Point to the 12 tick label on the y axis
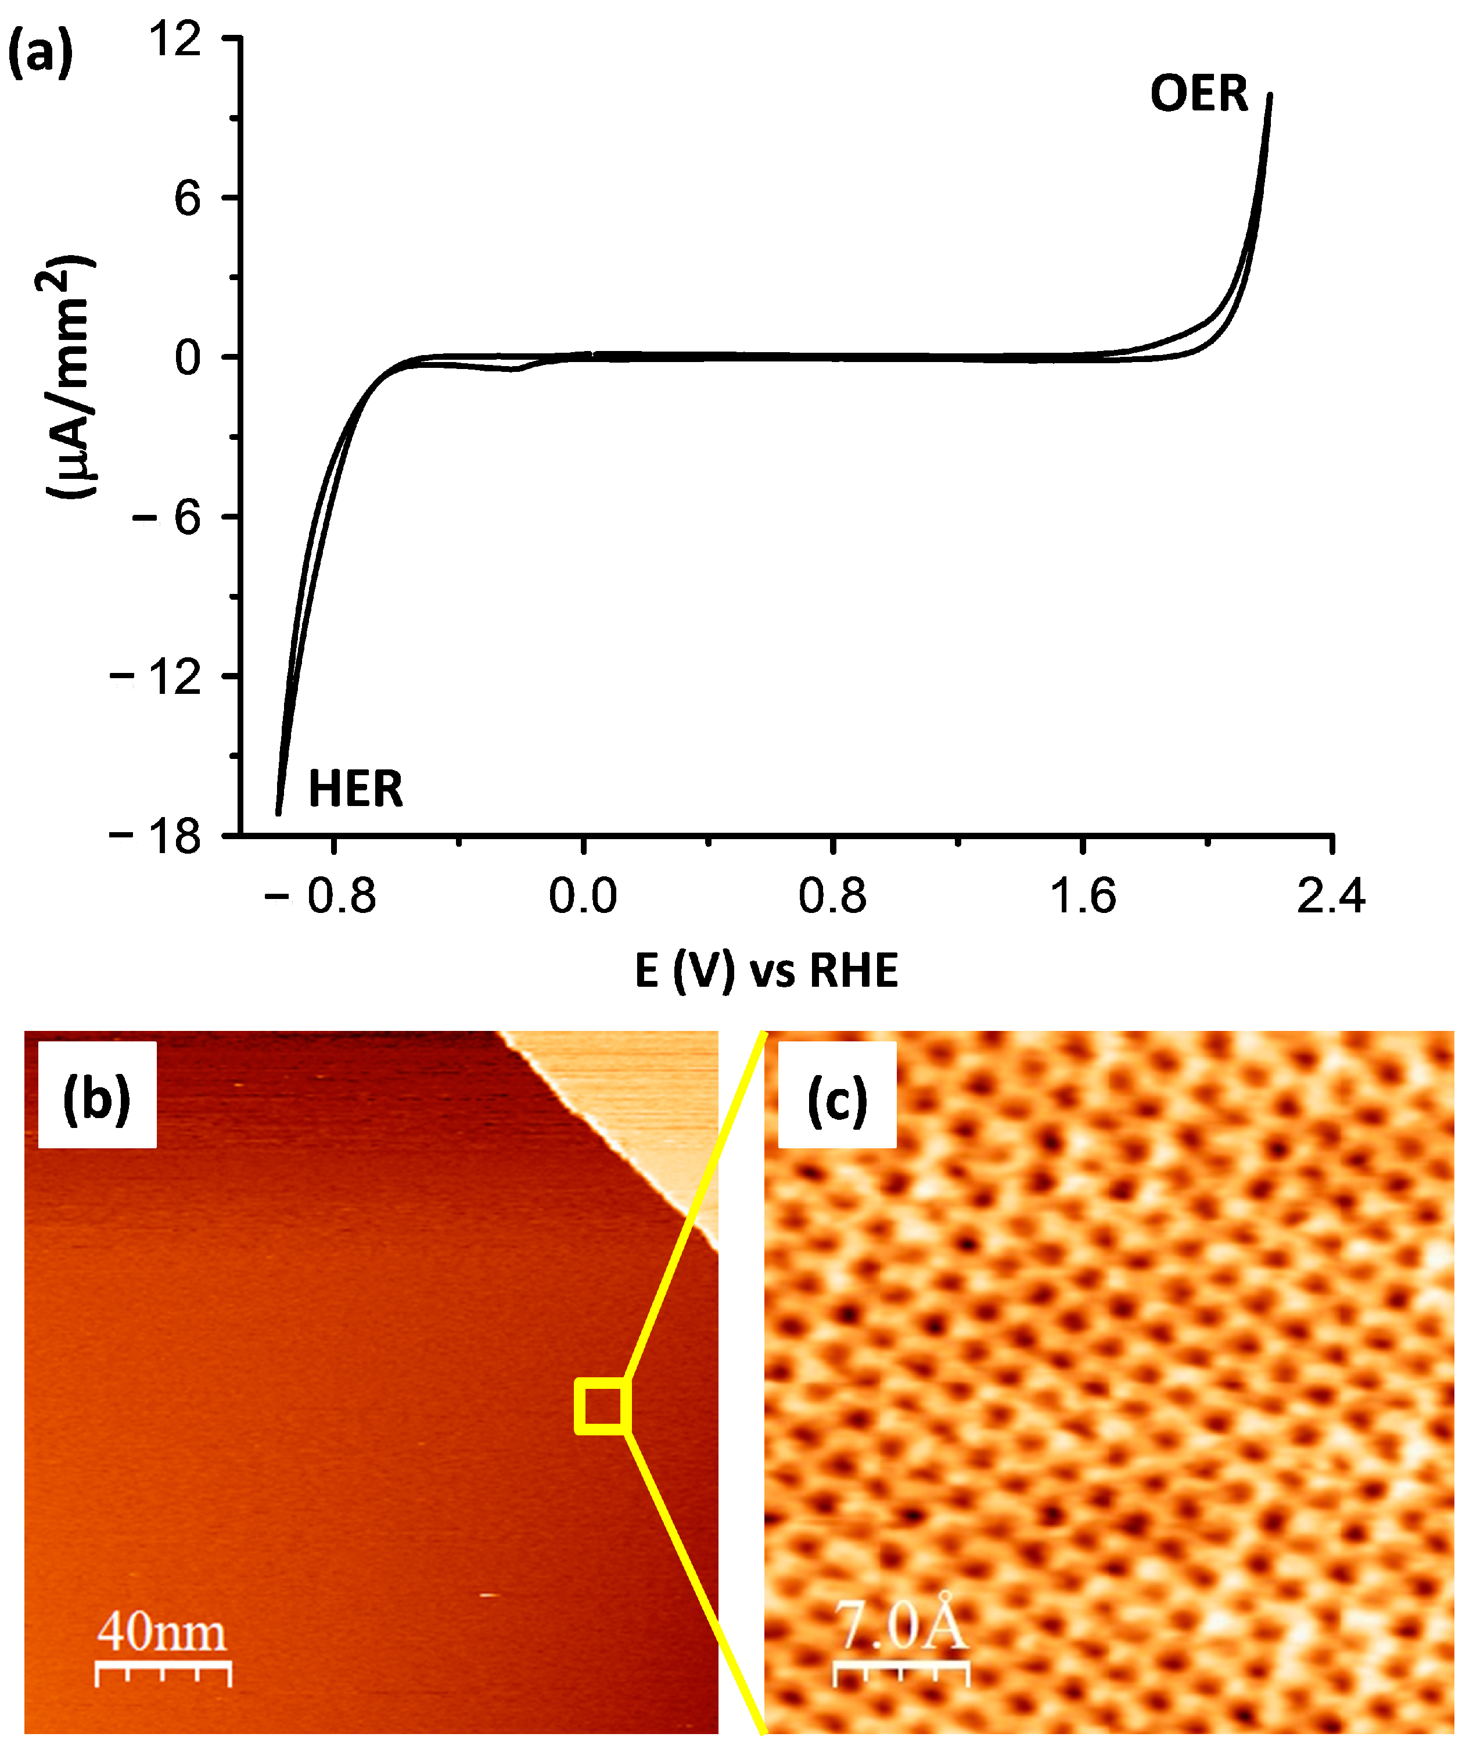point(175,40)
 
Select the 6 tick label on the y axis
point(187,199)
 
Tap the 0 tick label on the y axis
point(187,358)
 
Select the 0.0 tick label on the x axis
point(583,897)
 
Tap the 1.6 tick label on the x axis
point(1082,897)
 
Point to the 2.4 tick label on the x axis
point(1330,897)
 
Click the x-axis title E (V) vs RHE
point(766,971)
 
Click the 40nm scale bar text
point(161,1631)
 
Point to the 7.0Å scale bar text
point(901,1625)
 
